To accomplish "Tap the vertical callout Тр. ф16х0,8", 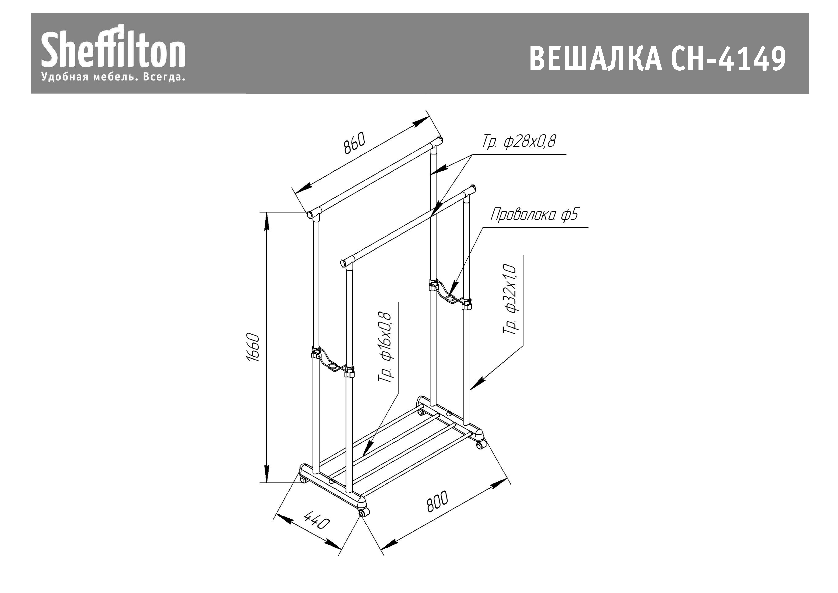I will pyautogui.click(x=385, y=347).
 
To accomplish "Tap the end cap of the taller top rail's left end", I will pyautogui.click(x=310, y=214).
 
